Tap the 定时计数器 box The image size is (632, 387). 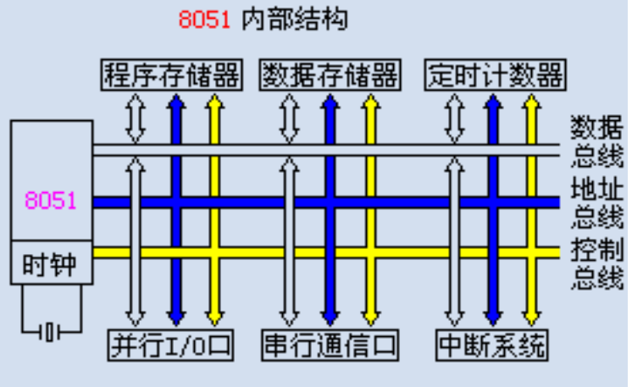point(495,75)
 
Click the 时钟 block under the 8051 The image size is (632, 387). point(51,264)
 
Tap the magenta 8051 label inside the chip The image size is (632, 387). point(51,201)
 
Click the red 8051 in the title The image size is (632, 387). point(204,19)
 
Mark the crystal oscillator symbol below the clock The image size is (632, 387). point(52,331)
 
